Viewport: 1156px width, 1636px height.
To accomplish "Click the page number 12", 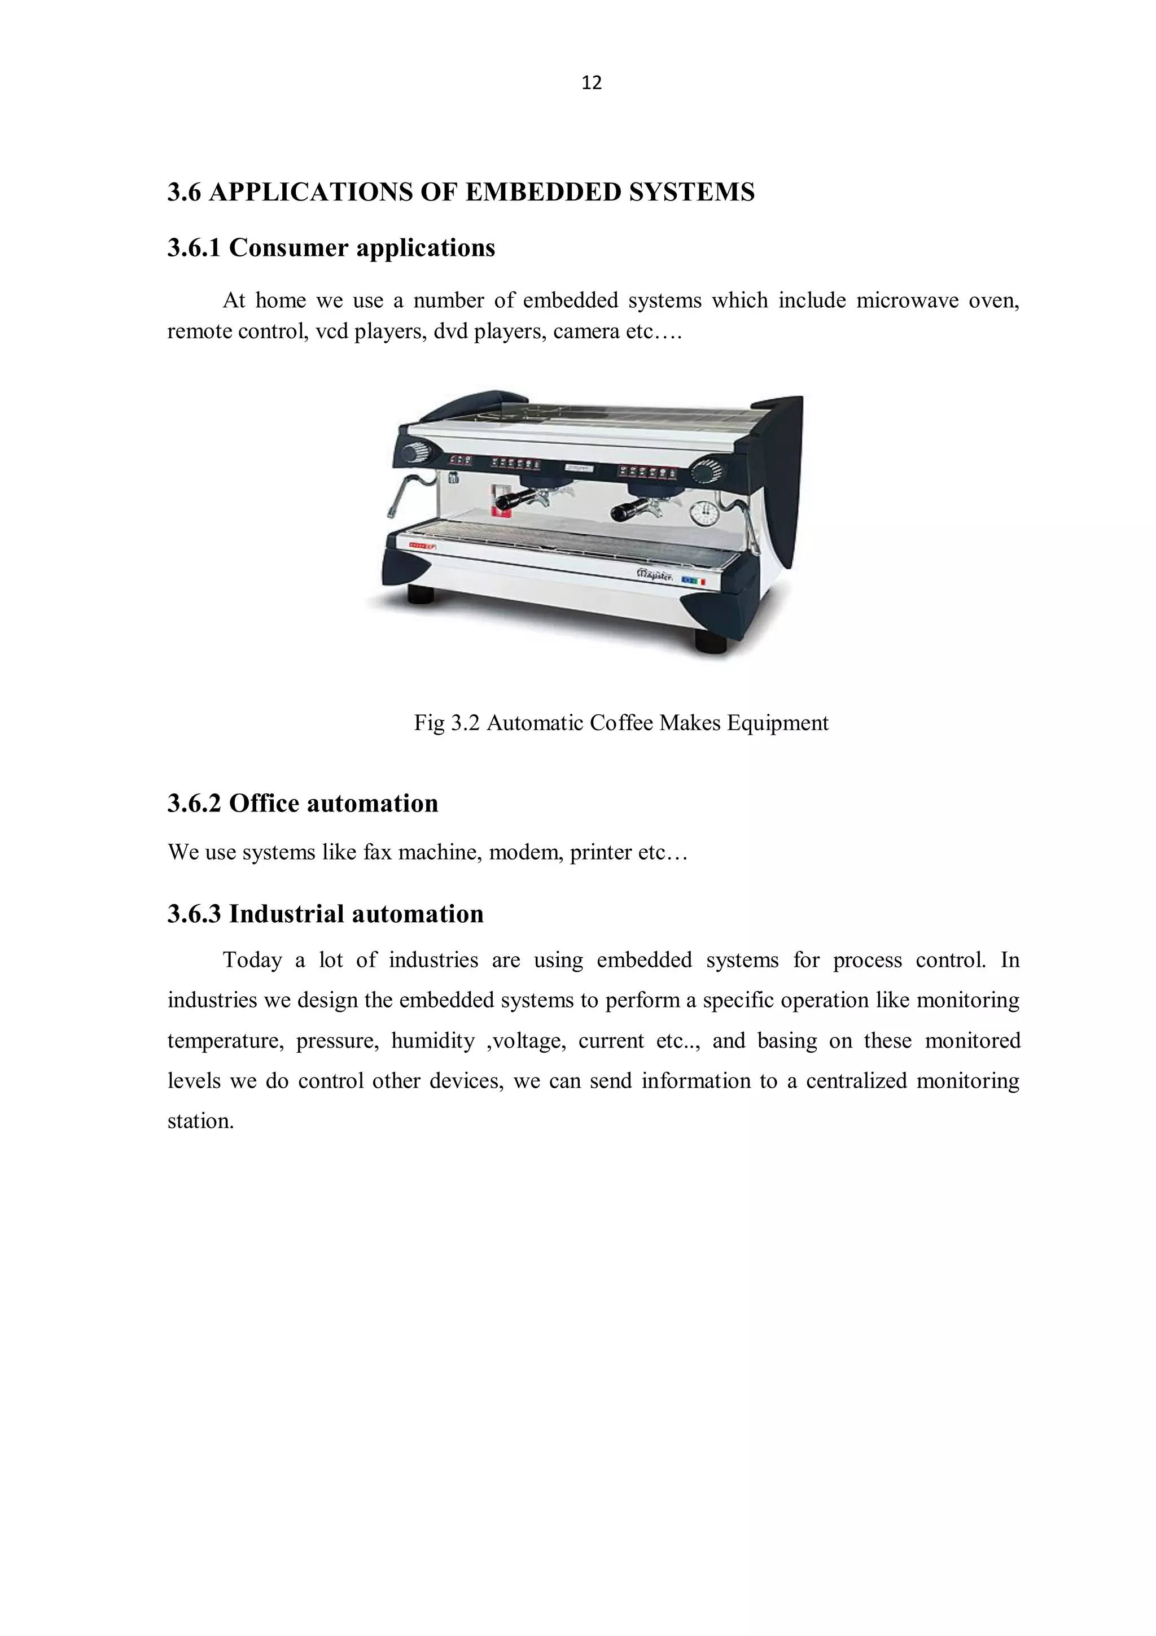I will pos(591,84).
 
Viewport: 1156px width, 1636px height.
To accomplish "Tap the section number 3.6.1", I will pos(194,248).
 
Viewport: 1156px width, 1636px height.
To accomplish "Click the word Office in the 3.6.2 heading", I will pos(261,804).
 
